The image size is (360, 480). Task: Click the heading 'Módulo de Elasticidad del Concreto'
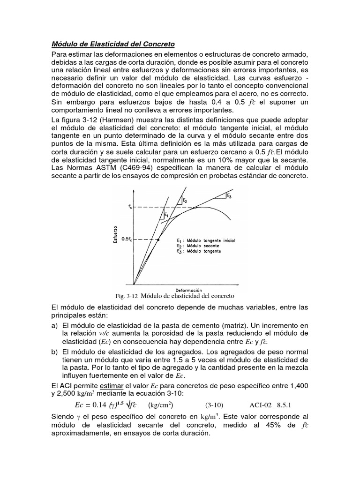click(112, 44)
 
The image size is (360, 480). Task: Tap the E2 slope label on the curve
click(185, 200)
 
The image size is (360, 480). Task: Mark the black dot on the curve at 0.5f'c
click(158, 240)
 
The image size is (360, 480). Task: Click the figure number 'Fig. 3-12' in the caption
click(126, 296)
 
